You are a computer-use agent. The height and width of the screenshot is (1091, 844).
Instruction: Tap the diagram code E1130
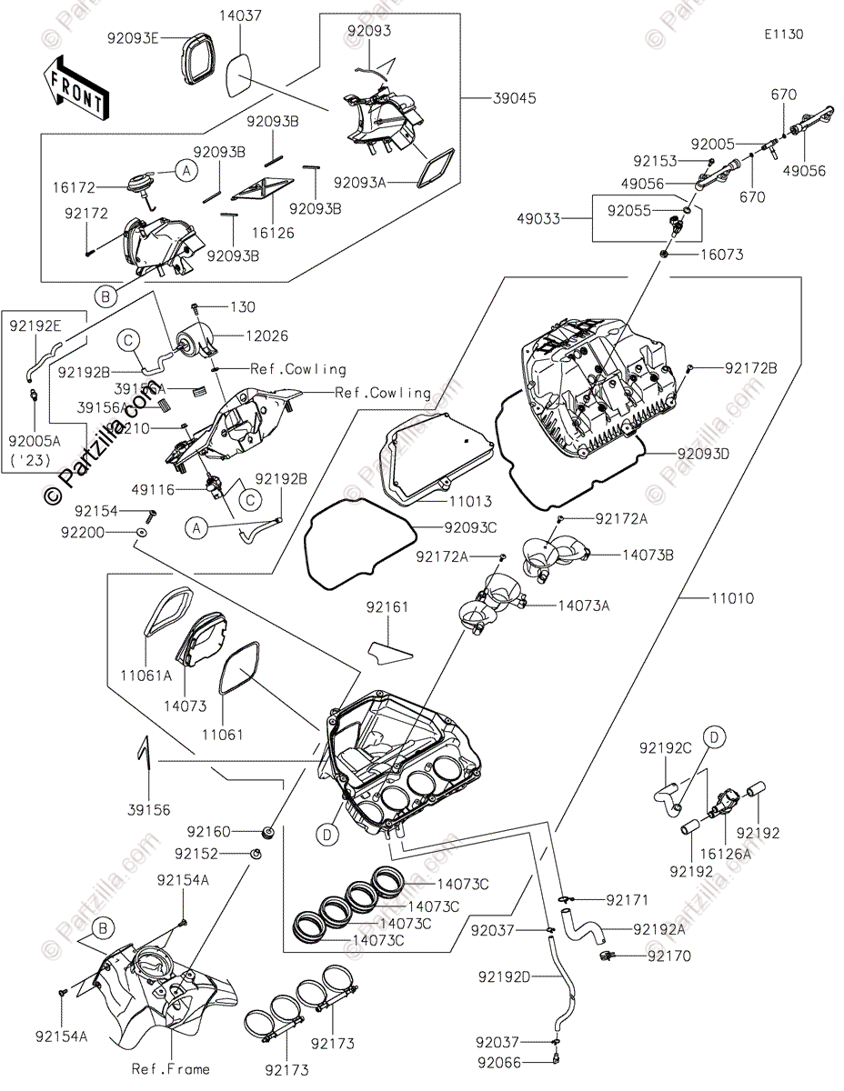click(x=783, y=35)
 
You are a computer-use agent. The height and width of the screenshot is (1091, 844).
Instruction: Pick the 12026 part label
click(x=266, y=336)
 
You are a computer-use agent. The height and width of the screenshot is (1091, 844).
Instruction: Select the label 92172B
click(x=751, y=368)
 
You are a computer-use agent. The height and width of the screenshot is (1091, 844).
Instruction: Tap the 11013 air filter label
click(x=471, y=501)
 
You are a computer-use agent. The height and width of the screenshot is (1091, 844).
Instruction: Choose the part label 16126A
click(x=726, y=854)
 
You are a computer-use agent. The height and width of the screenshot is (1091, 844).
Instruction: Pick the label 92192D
click(x=502, y=977)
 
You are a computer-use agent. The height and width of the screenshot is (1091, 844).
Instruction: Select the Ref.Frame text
click(x=170, y=1069)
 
